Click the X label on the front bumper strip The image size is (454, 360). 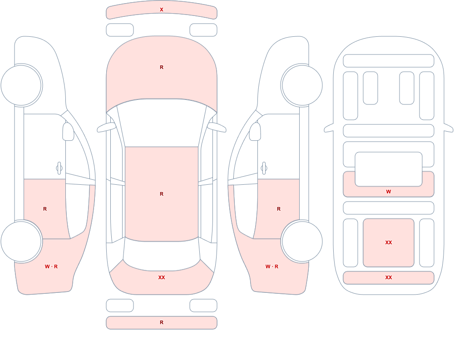click(x=162, y=10)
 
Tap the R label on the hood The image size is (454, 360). click(x=162, y=67)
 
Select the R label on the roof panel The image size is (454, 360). click(x=162, y=194)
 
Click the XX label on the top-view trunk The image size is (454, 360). click(x=162, y=277)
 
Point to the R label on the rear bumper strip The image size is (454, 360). click(x=162, y=322)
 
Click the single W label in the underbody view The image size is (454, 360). click(x=389, y=192)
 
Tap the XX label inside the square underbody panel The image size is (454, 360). click(x=389, y=242)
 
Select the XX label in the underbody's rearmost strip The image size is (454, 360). click(x=389, y=277)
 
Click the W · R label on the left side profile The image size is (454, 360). click(x=51, y=266)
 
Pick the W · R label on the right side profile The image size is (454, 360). click(x=272, y=266)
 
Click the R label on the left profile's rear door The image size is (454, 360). click(x=45, y=209)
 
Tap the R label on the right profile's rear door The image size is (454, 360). click(x=279, y=209)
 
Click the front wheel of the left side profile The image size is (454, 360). click(x=21, y=85)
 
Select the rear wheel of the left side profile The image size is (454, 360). click(x=21, y=241)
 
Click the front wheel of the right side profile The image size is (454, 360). click(x=302, y=85)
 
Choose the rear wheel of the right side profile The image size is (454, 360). click(x=302, y=241)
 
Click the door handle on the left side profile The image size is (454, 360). click(x=59, y=168)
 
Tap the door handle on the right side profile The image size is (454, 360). click(x=264, y=168)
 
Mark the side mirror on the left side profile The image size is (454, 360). click(x=68, y=132)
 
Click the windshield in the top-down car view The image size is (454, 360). click(x=162, y=123)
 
